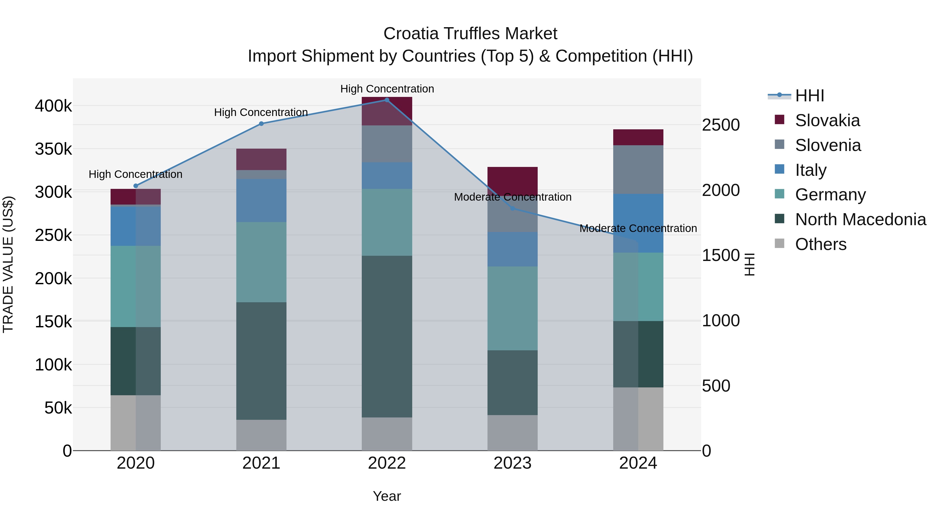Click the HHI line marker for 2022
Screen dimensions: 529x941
pyautogui.click(x=387, y=100)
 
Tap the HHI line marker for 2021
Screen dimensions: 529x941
pyautogui.click(x=261, y=124)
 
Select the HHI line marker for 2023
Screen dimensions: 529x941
pyautogui.click(x=513, y=208)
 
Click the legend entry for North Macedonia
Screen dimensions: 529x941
pyautogui.click(x=860, y=219)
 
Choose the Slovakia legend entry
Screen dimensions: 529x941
pyautogui.click(x=827, y=120)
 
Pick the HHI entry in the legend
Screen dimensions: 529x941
pyautogui.click(x=809, y=96)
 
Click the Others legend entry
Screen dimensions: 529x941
pyautogui.click(x=820, y=244)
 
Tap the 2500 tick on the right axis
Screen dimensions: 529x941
pyautogui.click(x=721, y=125)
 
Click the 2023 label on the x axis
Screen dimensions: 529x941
pyautogui.click(x=513, y=463)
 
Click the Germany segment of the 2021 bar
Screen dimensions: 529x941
pyautogui.click(x=261, y=262)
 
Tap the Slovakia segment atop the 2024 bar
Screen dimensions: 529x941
pyautogui.click(x=638, y=137)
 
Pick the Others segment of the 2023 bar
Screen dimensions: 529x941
pyautogui.click(x=513, y=432)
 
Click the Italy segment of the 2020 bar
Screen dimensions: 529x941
pyautogui.click(x=135, y=226)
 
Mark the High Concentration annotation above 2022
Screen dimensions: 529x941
pyautogui.click(x=387, y=89)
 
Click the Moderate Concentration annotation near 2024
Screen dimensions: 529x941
pyautogui.click(x=638, y=229)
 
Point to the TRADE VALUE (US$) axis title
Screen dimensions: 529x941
pyautogui.click(x=8, y=264)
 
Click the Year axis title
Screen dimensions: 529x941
pyautogui.click(x=387, y=496)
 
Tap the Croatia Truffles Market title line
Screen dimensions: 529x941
pyautogui.click(x=470, y=34)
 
